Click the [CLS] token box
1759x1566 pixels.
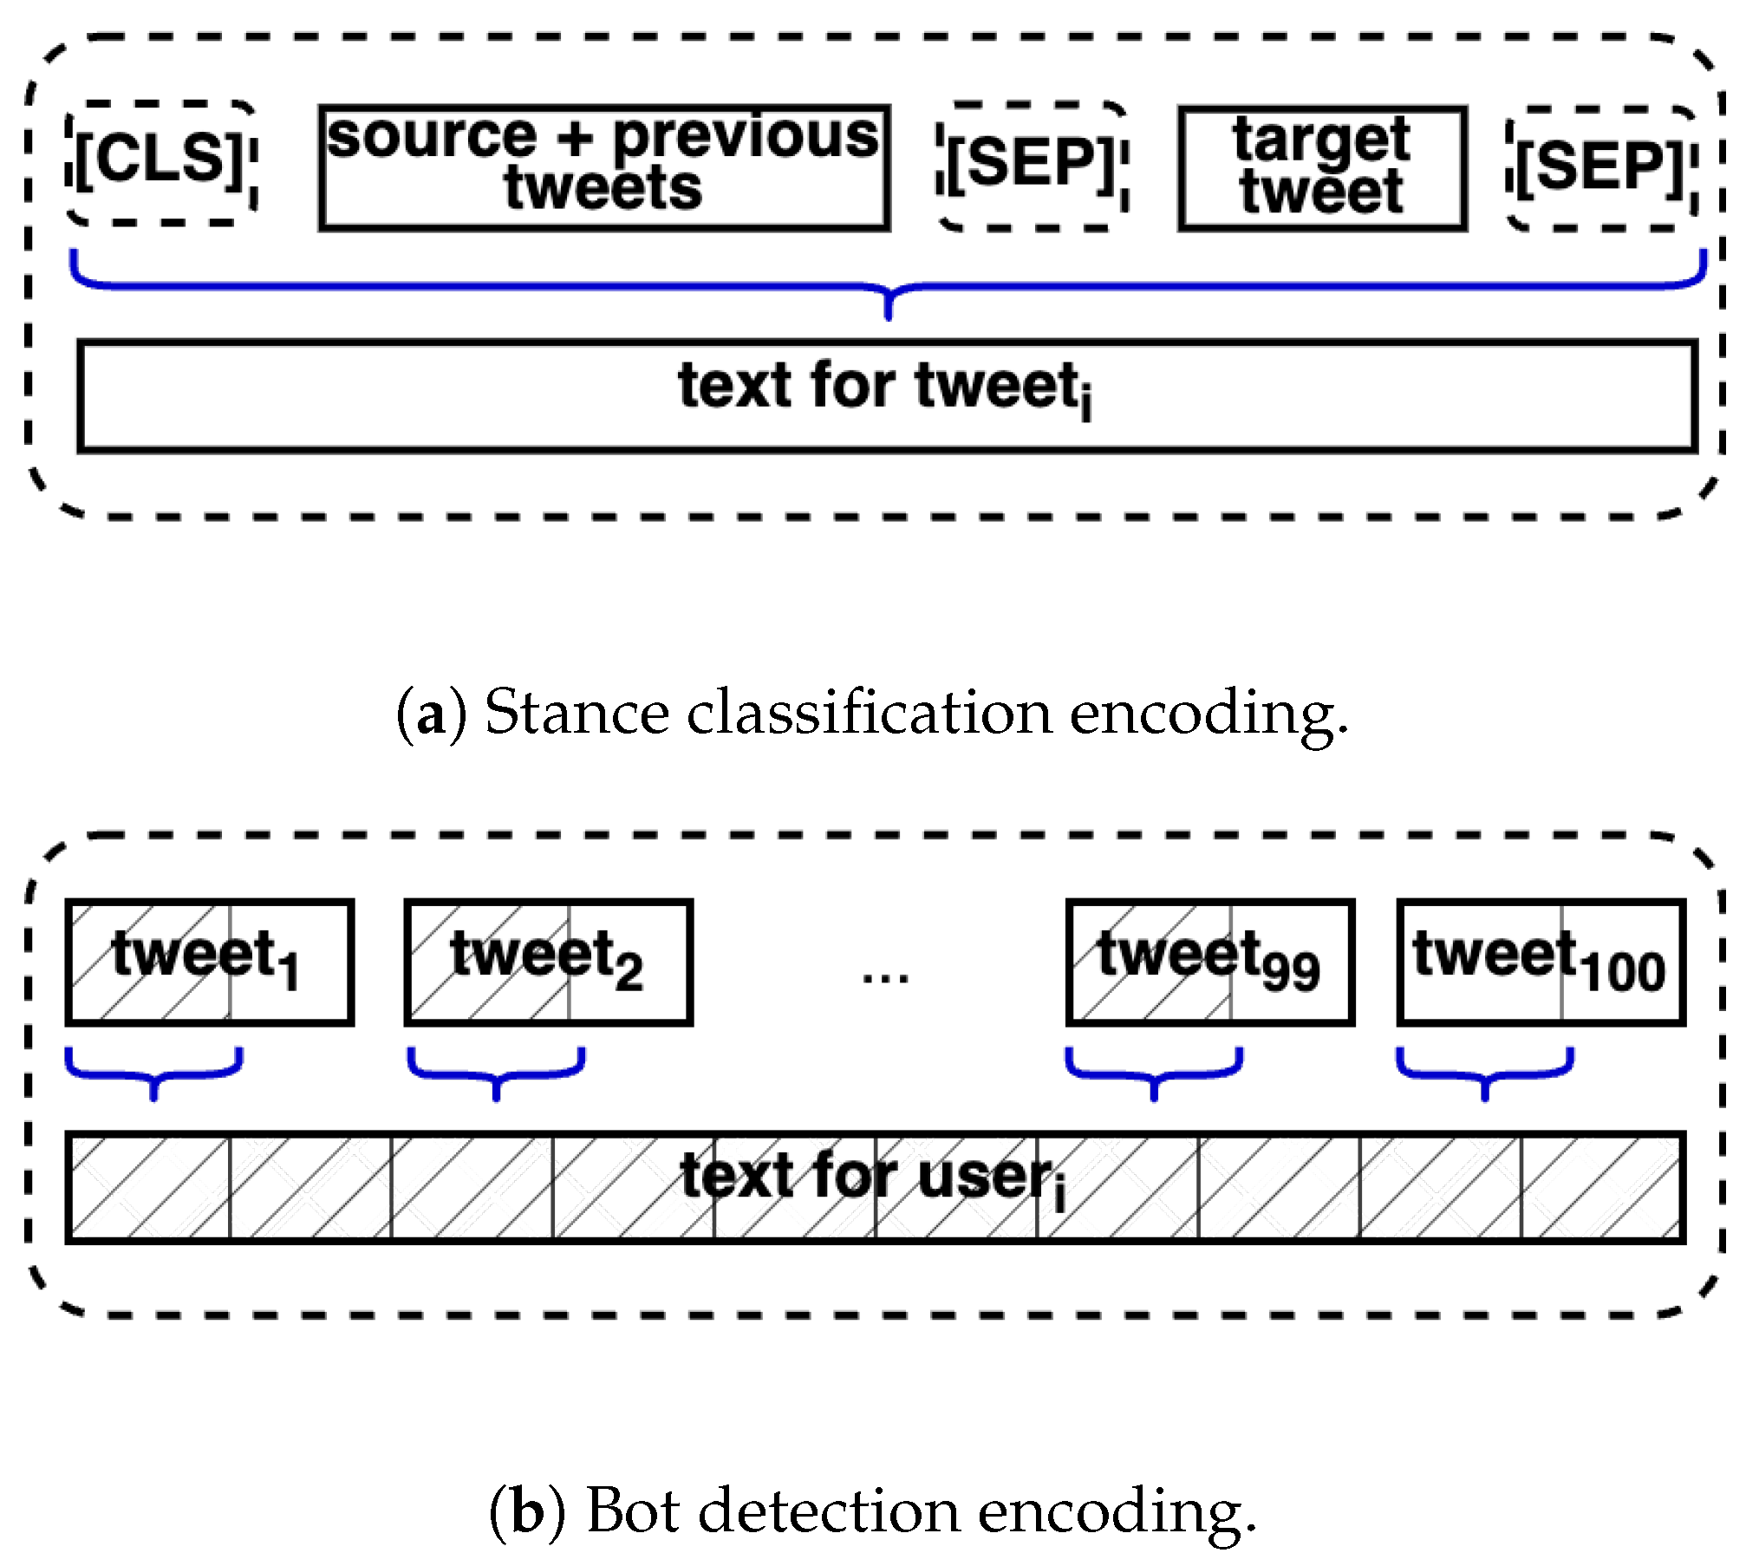tap(161, 163)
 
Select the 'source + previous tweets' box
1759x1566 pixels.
tap(603, 167)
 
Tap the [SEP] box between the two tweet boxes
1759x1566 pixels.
tap(1032, 166)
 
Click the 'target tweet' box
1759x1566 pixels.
tap(1321, 167)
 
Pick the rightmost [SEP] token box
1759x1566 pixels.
tap(1600, 168)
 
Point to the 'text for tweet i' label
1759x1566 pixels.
tap(884, 388)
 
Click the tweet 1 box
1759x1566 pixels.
tap(209, 962)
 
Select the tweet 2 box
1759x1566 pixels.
tap(548, 962)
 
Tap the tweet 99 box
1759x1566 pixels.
tap(1209, 962)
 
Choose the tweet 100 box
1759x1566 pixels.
tap(1541, 962)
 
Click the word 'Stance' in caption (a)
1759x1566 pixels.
tap(576, 714)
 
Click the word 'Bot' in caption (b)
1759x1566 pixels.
tap(633, 1511)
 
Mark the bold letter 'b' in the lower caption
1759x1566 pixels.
tap(527, 1511)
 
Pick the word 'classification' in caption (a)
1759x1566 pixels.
tap(870, 714)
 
